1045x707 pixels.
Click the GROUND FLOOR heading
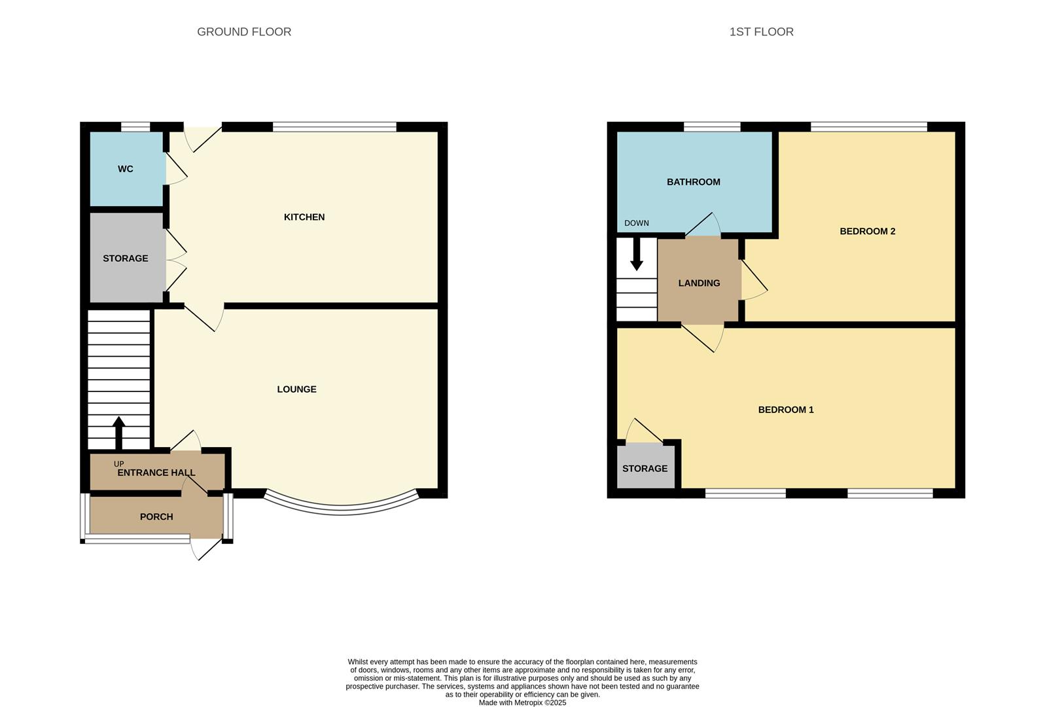(244, 31)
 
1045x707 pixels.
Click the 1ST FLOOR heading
(762, 31)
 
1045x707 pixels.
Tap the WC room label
(126, 169)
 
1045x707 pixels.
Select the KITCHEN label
(304, 217)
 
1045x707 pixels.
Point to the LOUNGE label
(296, 390)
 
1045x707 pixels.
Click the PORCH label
(156, 517)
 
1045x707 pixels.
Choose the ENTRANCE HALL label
(156, 473)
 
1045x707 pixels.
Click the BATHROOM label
(693, 182)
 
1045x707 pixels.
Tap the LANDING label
(699, 283)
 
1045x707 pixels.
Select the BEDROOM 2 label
(867, 231)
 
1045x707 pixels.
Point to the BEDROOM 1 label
(786, 410)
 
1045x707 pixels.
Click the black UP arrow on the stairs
(119, 433)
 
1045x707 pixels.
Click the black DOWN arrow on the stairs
(636, 255)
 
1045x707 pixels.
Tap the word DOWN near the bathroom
(636, 223)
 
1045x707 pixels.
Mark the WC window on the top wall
(135, 127)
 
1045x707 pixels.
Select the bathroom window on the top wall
(712, 127)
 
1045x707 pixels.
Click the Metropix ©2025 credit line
(522, 703)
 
